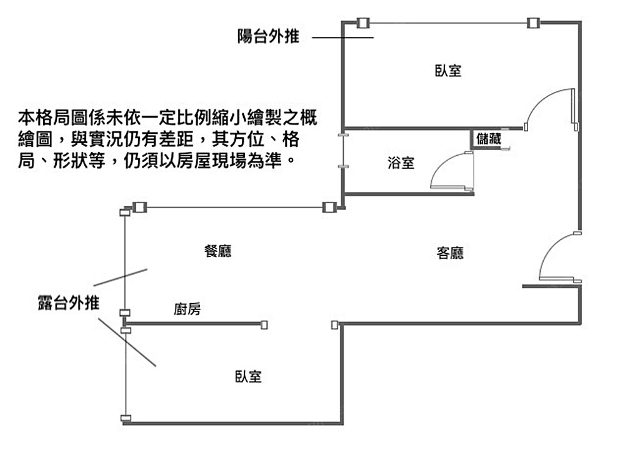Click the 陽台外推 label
(268, 37)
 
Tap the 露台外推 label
(68, 304)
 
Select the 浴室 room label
(401, 164)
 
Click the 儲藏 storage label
(488, 139)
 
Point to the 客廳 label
(450, 253)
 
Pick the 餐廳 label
(218, 251)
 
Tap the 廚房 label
(187, 309)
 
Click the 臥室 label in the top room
(448, 70)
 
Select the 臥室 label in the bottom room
(248, 377)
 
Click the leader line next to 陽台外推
(342, 38)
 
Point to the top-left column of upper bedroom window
(362, 23)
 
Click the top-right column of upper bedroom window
(532, 23)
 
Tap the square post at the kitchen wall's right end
(264, 324)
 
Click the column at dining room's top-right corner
(329, 207)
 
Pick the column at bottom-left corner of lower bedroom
(126, 418)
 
